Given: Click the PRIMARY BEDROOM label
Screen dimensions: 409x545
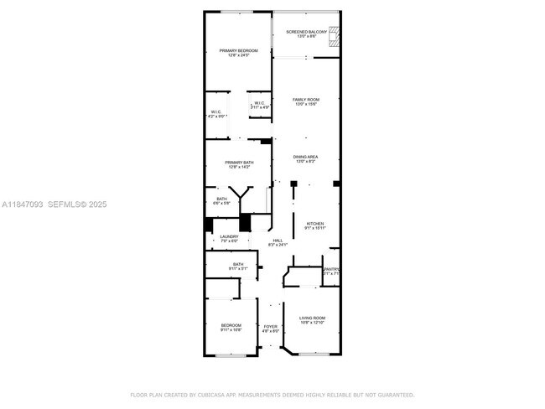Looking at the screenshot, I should pyautogui.click(x=238, y=53).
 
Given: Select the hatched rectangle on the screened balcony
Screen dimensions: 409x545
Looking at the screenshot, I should pyautogui.click(x=335, y=35).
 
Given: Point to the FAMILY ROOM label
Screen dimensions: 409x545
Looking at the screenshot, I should pyautogui.click(x=306, y=101).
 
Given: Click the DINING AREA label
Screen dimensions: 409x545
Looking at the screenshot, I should pyautogui.click(x=306, y=159).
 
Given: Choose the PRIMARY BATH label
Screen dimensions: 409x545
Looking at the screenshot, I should pyautogui.click(x=238, y=164).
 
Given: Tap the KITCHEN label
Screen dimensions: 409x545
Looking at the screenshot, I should pyautogui.click(x=315, y=225).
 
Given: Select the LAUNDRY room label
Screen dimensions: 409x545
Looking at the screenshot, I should pyautogui.click(x=229, y=239).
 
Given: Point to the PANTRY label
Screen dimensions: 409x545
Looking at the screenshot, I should pyautogui.click(x=332, y=271).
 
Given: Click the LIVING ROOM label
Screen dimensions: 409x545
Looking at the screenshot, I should pyautogui.click(x=313, y=320).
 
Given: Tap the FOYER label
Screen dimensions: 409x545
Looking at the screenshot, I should pyautogui.click(x=270, y=328).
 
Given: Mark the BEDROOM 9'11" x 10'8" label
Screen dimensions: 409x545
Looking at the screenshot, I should pyautogui.click(x=231, y=327).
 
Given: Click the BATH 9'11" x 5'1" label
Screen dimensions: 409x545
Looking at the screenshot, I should pyautogui.click(x=238, y=267).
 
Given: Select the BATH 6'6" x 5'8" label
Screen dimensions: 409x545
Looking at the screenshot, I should pyautogui.click(x=221, y=201).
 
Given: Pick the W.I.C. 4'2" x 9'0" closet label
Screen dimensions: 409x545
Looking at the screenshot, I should pyautogui.click(x=215, y=114).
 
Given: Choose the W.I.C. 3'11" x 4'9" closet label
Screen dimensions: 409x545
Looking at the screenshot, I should pyautogui.click(x=260, y=106).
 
